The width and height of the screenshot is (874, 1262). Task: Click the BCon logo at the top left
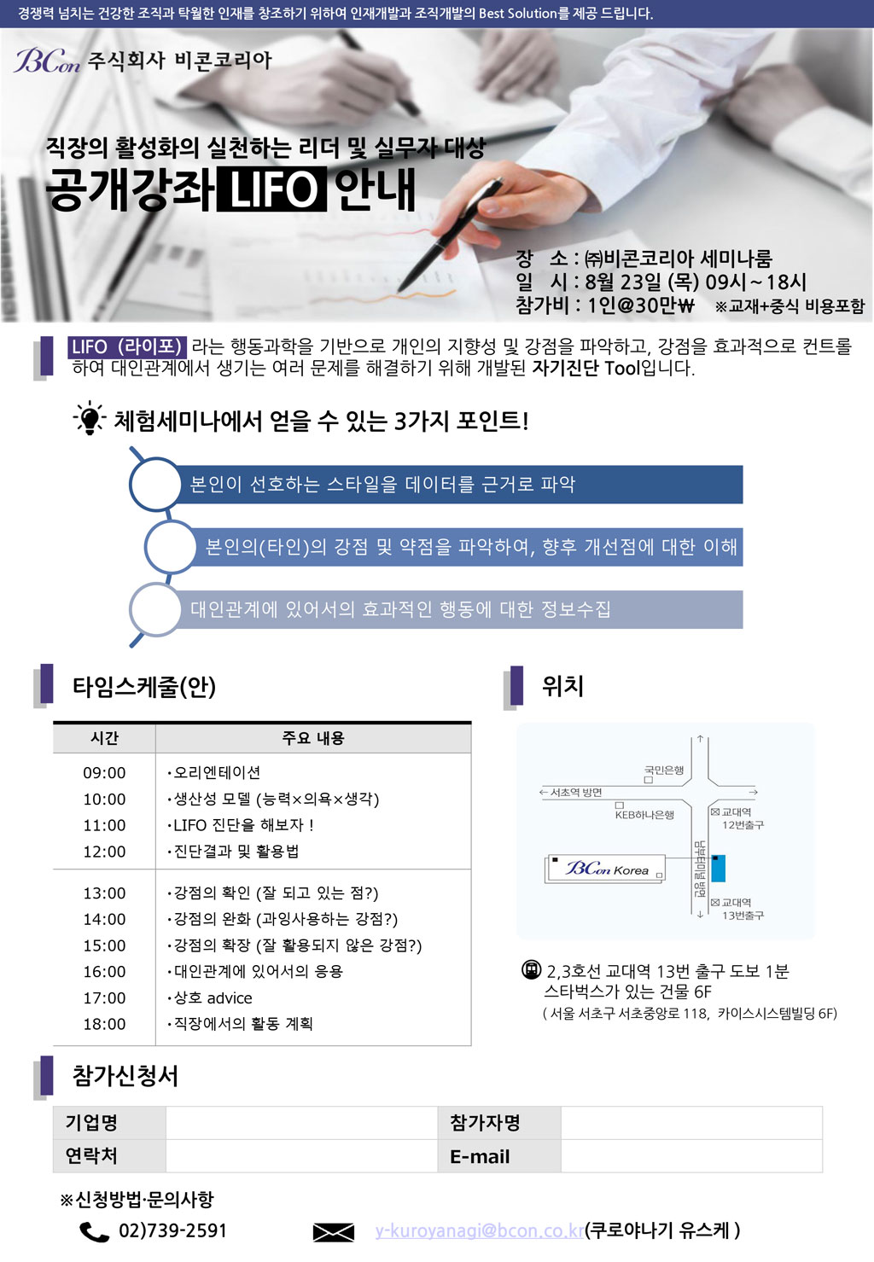pyautogui.click(x=47, y=61)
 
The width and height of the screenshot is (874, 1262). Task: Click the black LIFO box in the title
pyautogui.click(x=271, y=189)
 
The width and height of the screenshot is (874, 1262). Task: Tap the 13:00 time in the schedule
pyautogui.click(x=104, y=893)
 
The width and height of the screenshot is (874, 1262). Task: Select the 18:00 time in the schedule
pyautogui.click(x=104, y=1024)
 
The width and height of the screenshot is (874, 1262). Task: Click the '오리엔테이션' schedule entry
pyautogui.click(x=214, y=772)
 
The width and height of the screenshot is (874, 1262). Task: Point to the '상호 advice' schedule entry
pyautogui.click(x=210, y=997)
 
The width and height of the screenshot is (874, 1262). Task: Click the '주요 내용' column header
pyautogui.click(x=312, y=738)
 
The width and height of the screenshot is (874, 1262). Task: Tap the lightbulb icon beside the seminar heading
pyautogui.click(x=89, y=418)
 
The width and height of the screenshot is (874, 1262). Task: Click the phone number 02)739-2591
pyautogui.click(x=172, y=1230)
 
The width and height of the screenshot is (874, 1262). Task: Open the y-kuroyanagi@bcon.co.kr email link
pyautogui.click(x=480, y=1230)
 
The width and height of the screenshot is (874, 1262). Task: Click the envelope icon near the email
pyautogui.click(x=334, y=1232)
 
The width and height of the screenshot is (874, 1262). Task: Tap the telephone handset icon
pyautogui.click(x=94, y=1232)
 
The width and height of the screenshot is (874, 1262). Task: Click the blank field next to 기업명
pyautogui.click(x=301, y=1123)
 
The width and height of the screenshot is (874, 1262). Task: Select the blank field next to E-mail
pyautogui.click(x=691, y=1156)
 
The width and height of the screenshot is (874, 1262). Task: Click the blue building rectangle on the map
pyautogui.click(x=718, y=868)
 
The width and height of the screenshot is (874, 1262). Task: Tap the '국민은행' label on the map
pyautogui.click(x=664, y=770)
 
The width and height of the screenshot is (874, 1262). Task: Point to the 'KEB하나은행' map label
pyautogui.click(x=644, y=815)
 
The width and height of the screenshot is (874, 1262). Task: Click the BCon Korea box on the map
pyautogui.click(x=604, y=869)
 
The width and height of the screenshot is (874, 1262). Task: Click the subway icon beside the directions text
pyautogui.click(x=531, y=969)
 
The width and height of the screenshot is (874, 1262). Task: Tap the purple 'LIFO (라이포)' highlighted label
pyautogui.click(x=127, y=346)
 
